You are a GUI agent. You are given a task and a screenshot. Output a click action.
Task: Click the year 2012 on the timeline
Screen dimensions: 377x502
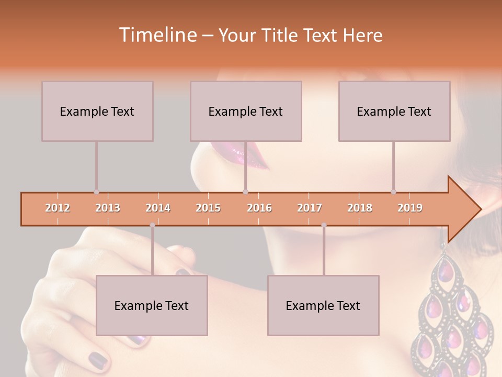(58, 208)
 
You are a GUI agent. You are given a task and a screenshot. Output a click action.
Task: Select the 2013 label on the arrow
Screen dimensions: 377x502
(108, 208)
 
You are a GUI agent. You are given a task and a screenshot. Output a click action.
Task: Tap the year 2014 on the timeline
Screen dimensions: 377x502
(158, 208)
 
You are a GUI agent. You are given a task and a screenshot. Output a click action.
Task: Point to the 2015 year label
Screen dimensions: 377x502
(208, 208)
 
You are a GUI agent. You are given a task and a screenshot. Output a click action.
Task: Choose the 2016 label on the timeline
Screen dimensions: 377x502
(259, 208)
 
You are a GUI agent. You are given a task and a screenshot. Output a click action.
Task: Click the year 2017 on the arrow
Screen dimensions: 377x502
(310, 208)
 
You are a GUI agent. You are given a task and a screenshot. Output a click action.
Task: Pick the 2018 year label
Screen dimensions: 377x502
(360, 208)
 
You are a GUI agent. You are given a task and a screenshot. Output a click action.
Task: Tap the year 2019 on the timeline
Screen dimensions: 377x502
(410, 208)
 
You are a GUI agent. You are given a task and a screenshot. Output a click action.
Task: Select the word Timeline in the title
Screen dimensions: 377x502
(157, 35)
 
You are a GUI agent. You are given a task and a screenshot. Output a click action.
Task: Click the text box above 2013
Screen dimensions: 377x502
(97, 111)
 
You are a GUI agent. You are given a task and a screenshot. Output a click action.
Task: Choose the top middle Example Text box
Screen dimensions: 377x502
(246, 111)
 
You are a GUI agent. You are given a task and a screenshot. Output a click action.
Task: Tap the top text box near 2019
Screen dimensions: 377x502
(394, 111)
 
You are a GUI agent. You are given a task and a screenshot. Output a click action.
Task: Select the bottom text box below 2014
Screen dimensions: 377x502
(152, 305)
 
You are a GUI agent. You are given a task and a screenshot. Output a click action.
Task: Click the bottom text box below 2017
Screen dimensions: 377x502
(323, 305)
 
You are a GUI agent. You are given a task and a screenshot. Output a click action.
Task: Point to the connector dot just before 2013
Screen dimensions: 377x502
(96, 192)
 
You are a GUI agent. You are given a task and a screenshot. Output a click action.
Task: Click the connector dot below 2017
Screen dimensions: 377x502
(324, 225)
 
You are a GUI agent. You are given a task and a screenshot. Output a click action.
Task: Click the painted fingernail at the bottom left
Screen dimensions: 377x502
(98, 360)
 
